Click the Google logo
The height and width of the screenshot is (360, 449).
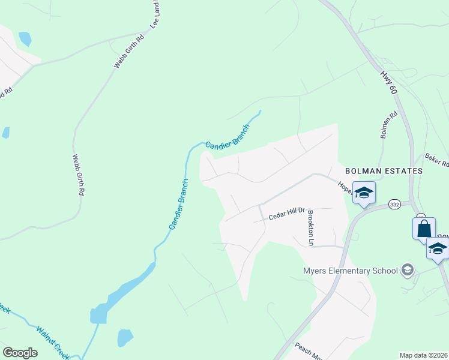pos(20,353)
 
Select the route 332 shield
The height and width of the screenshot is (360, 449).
pos(394,205)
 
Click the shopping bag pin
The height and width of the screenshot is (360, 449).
pos(424,229)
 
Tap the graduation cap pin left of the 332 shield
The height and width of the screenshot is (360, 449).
pos(364,193)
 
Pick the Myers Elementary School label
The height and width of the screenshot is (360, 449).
pos(351,271)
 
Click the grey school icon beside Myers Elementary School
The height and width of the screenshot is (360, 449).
pos(408,270)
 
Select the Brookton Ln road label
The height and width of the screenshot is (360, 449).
pos(310,228)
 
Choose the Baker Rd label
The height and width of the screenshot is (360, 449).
pos(436,160)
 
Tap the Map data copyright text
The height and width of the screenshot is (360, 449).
pos(423,355)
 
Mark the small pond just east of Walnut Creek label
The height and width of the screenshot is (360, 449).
pos(125,338)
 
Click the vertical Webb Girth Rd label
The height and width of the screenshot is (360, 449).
pos(78,175)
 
